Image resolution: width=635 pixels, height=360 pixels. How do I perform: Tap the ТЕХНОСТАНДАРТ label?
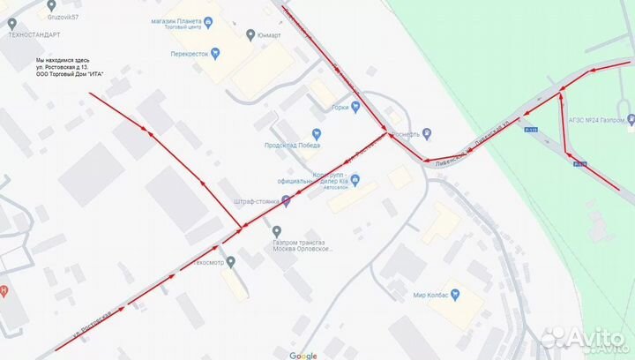[x=34, y=35]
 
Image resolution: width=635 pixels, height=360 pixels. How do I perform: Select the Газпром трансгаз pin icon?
[x=277, y=231]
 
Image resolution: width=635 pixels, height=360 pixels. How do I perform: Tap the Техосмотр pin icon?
[x=230, y=262]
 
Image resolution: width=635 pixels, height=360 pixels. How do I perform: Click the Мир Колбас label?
[x=432, y=296]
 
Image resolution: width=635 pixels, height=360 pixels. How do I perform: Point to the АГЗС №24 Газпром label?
[x=593, y=119]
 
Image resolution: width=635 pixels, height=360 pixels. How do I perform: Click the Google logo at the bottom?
[x=303, y=355]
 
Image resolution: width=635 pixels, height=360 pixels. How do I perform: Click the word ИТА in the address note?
[x=95, y=74]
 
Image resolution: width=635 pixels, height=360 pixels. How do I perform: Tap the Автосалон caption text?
[x=337, y=188]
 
